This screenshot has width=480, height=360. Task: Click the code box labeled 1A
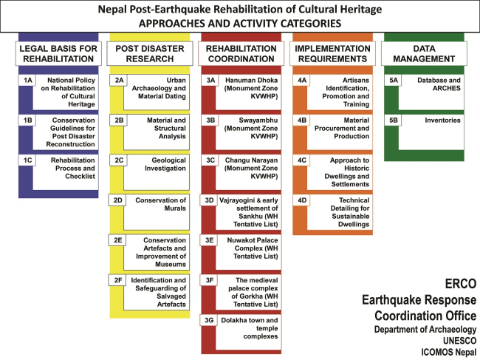click(x=27, y=80)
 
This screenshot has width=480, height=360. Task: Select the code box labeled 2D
click(x=118, y=200)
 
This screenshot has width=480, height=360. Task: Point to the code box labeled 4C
click(x=302, y=160)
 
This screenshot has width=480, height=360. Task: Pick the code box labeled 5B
click(x=393, y=120)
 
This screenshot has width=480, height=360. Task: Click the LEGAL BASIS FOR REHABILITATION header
click(x=58, y=53)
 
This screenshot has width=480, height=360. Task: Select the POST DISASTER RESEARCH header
click(x=148, y=53)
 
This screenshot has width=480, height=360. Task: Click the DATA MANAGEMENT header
click(x=422, y=53)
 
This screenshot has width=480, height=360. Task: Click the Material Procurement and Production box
click(x=341, y=128)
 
